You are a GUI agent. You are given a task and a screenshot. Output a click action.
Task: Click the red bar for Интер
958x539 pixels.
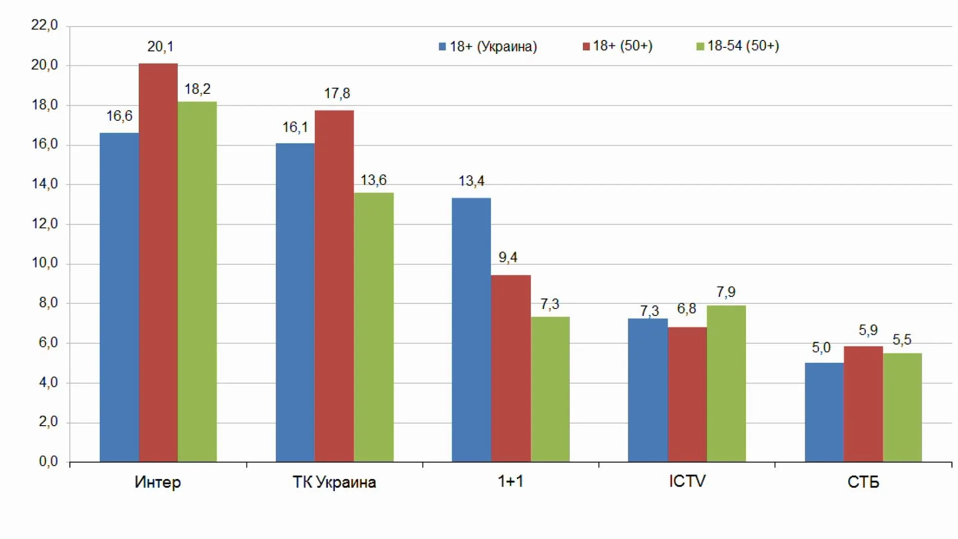coord(158,263)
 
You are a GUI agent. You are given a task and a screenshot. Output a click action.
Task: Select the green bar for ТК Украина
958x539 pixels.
coord(374,327)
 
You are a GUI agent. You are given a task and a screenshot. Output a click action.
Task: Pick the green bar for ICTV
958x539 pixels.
coord(726,383)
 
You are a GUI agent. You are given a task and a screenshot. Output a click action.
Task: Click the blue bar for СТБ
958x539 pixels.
coord(824,412)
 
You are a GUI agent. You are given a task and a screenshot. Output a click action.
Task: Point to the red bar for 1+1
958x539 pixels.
coord(510,368)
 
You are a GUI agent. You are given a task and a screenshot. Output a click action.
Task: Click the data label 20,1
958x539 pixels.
coord(160,47)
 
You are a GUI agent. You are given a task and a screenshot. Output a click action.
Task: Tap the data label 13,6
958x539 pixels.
coord(374,180)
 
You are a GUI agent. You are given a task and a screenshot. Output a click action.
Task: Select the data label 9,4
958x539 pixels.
coord(508,258)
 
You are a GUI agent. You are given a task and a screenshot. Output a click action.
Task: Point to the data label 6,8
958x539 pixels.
coord(687,309)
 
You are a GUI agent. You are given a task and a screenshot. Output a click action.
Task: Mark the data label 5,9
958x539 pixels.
coord(868,330)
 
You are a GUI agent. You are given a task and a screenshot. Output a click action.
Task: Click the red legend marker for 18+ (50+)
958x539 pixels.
coord(586,46)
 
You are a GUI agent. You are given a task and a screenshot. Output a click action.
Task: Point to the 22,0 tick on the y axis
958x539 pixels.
coord(44,25)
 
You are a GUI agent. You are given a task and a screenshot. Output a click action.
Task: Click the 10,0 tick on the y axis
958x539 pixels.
coord(44,263)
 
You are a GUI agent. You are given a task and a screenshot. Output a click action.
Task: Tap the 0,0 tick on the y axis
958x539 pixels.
coord(48,462)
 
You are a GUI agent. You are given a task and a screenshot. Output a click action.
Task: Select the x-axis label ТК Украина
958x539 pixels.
coord(334,482)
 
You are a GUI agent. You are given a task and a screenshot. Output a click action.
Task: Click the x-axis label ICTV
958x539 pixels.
coord(687,481)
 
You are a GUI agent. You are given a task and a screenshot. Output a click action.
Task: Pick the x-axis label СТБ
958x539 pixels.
coord(863,482)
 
